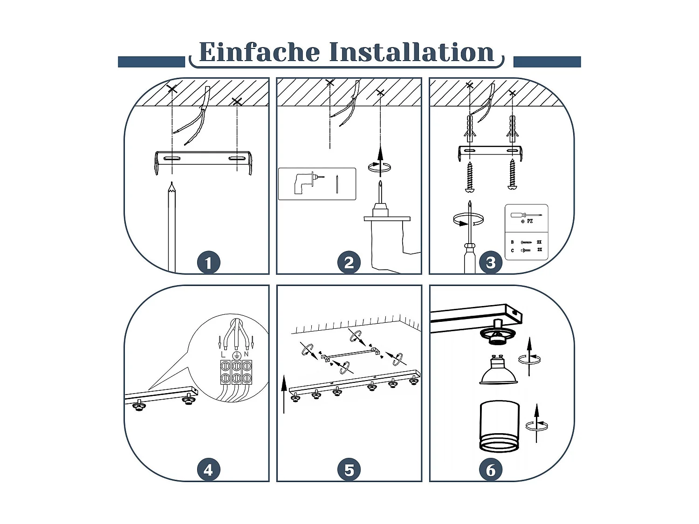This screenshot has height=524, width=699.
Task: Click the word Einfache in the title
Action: [x=260, y=52]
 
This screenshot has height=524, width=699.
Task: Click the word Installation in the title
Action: [x=411, y=52]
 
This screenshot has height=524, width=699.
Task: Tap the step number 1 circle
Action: [x=209, y=263]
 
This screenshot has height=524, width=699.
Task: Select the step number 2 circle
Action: [x=349, y=263]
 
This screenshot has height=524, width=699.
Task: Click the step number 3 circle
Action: [x=491, y=263]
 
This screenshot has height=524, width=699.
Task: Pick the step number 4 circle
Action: [x=209, y=470]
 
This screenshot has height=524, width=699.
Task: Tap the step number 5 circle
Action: [x=349, y=470]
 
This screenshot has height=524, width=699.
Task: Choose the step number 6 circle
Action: [x=491, y=470]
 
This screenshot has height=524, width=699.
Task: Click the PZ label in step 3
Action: [x=530, y=221]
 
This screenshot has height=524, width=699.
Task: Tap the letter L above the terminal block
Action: [x=224, y=354]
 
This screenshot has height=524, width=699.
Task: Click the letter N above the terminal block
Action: [x=246, y=354]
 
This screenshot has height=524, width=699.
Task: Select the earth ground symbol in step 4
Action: [x=236, y=356]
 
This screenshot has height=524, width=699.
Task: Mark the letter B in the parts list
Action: [x=512, y=242]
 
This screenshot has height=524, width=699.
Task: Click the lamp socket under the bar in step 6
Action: [x=496, y=334]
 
